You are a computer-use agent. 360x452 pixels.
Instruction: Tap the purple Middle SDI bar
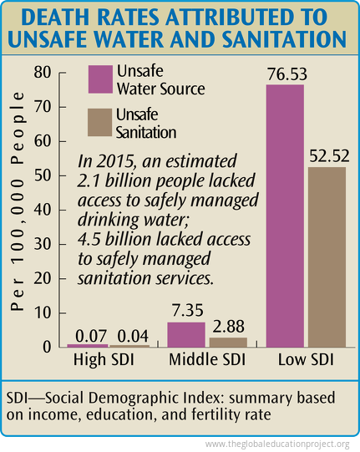[x=185, y=334]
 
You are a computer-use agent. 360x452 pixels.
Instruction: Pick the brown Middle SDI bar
[x=222, y=342]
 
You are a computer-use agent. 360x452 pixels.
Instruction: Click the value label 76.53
[x=286, y=74]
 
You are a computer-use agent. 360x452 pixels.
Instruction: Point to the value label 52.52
[x=327, y=156]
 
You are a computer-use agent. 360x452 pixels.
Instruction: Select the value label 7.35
[x=185, y=311]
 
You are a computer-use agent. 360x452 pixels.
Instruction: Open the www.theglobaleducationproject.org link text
[x=276, y=444]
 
